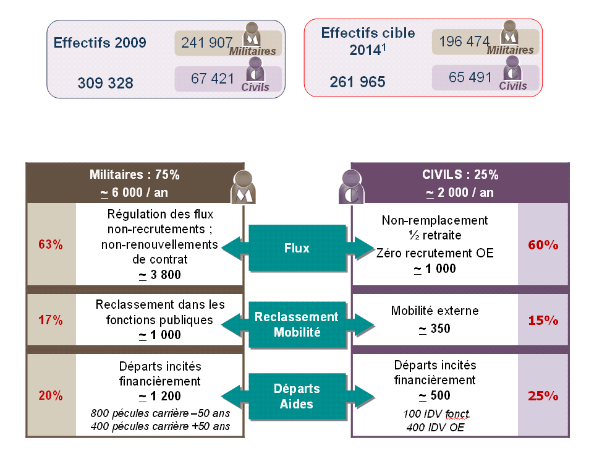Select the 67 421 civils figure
pos(213,79)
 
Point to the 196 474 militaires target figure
pos(464,41)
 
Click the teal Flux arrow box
pos(297,248)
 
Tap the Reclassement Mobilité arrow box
pos(297,324)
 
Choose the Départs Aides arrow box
pos(297,396)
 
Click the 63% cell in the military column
pos(51,244)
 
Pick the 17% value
pos(51,321)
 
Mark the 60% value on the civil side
pos(543,245)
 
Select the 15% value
pos(543,321)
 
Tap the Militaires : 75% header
pos(134,174)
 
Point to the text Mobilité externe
pos(435,311)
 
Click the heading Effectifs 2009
pos(100,43)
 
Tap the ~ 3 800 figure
pos(160,275)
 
